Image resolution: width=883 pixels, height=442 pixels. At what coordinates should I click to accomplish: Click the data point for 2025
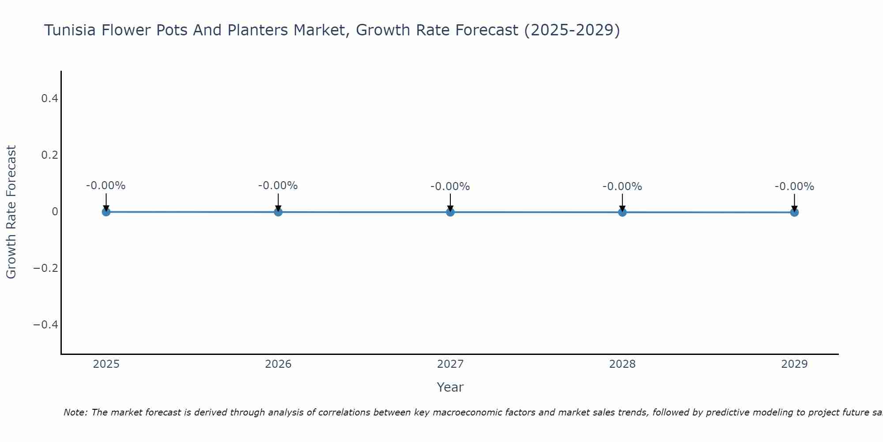click(106, 212)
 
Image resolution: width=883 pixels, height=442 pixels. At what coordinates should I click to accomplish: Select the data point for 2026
click(278, 212)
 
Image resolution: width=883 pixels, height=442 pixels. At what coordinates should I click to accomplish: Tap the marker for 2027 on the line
click(450, 212)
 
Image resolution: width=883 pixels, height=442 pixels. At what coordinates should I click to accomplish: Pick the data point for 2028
click(622, 212)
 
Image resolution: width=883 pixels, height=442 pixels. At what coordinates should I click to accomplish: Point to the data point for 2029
click(794, 212)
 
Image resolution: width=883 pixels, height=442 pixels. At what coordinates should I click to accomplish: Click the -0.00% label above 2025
click(106, 186)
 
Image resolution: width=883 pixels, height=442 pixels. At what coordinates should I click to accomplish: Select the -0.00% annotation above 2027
click(450, 187)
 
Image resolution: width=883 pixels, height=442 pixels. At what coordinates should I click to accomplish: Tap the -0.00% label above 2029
click(794, 187)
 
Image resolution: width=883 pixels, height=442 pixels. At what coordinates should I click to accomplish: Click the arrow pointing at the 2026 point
click(278, 202)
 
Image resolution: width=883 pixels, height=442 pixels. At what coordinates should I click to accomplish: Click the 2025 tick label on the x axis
click(106, 364)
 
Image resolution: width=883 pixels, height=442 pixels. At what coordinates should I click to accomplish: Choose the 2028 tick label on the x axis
click(622, 364)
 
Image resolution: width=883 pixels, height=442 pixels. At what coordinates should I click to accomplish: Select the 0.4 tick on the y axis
click(49, 99)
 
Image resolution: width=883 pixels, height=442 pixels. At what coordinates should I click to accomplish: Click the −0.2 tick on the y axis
click(46, 268)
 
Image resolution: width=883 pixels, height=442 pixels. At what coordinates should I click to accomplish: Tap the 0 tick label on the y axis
click(55, 212)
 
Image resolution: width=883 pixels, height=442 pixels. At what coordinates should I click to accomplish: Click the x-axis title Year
click(450, 387)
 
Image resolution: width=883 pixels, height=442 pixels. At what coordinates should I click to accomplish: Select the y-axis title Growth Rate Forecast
click(11, 212)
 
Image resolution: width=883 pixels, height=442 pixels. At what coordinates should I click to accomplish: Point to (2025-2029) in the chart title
click(572, 30)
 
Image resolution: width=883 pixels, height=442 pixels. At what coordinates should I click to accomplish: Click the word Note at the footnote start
click(75, 412)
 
